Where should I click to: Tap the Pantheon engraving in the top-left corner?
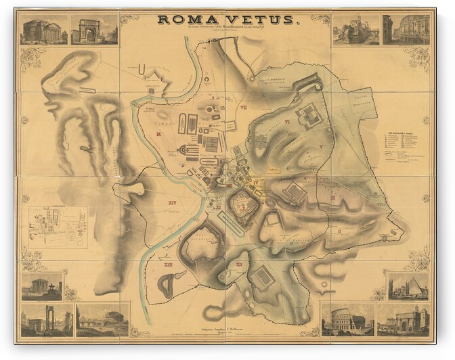pyautogui.click(x=43, y=30)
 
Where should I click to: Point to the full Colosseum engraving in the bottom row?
pyautogui.click(x=348, y=319)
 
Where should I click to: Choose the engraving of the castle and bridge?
pyautogui.click(x=102, y=319)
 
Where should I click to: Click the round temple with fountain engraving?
pyautogui.click(x=42, y=286)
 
